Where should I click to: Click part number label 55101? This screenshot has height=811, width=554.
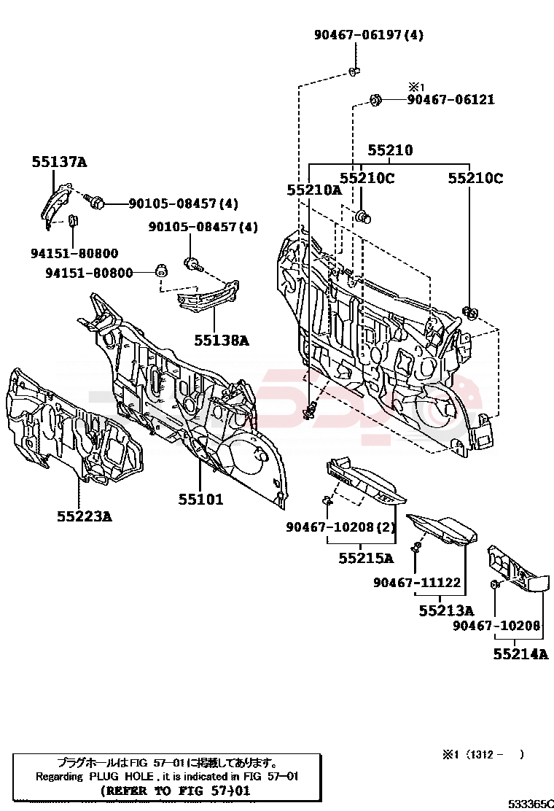(x=200, y=500)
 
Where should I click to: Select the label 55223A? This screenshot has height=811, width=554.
(x=85, y=516)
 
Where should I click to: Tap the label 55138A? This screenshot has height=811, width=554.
(x=221, y=339)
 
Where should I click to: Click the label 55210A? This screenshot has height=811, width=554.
(x=313, y=190)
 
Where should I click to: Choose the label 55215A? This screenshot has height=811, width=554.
(x=366, y=559)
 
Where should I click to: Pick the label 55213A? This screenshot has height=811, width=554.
(x=446, y=610)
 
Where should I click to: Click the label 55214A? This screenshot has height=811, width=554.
(x=520, y=654)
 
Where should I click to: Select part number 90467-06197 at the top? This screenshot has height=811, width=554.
(x=368, y=34)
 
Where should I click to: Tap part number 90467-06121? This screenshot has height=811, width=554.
(x=450, y=100)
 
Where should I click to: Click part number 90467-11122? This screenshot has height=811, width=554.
(x=417, y=582)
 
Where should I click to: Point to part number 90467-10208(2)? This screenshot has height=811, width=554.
(x=340, y=527)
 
